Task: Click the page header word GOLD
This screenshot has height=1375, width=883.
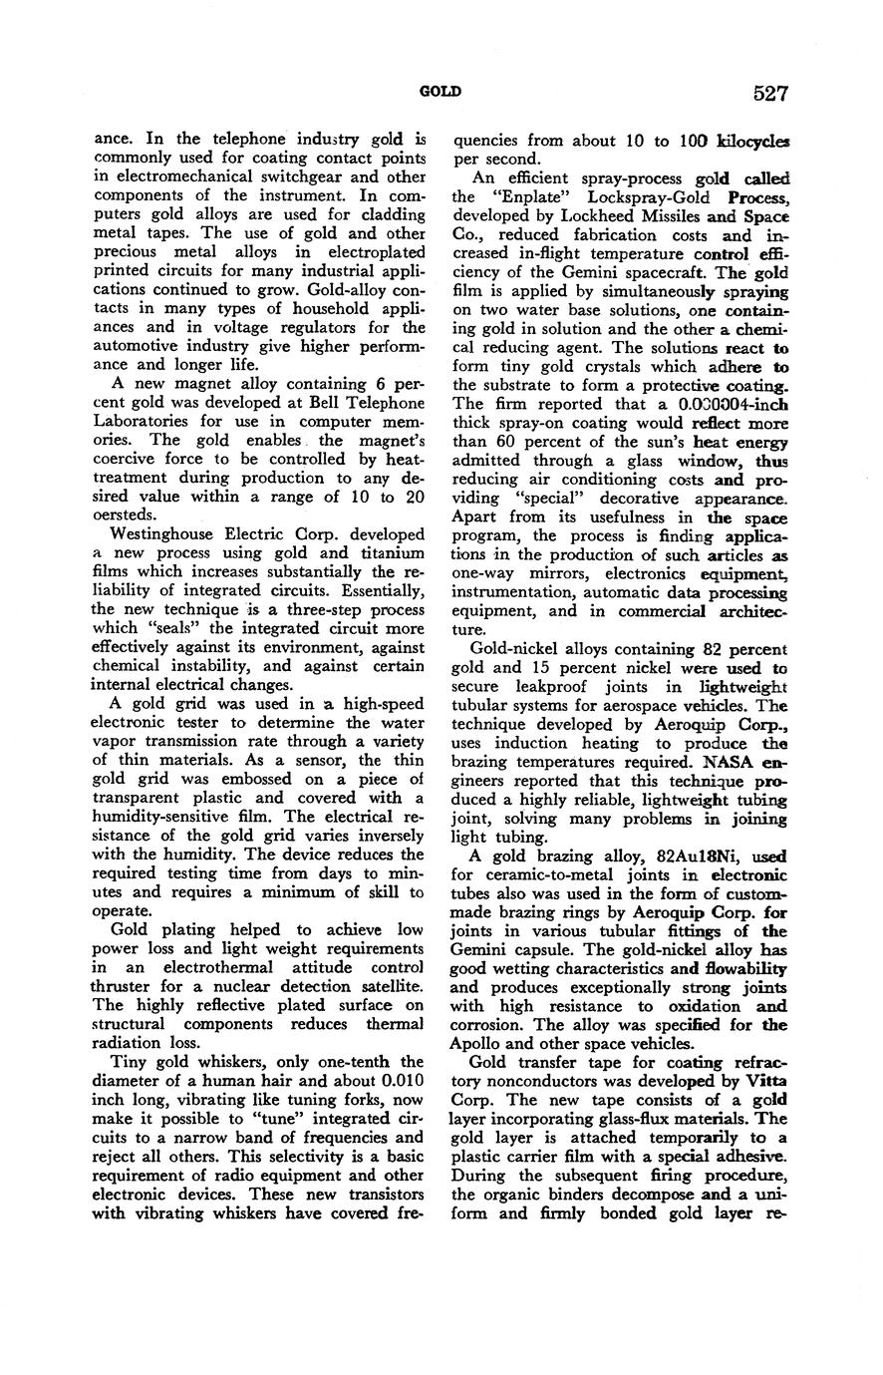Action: pos(440,92)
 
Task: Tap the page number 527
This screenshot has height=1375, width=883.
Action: pos(771,94)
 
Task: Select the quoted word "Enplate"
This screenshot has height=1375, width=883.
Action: pos(526,196)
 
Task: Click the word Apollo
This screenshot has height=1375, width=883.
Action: pos(476,1044)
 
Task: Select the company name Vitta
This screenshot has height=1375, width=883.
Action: pos(767,1081)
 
